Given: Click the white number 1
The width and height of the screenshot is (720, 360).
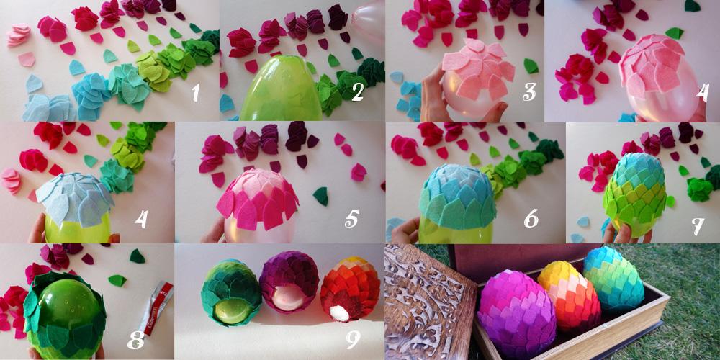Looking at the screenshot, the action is pos(196,91).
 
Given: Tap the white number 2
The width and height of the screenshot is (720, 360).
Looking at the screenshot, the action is pos(358,91).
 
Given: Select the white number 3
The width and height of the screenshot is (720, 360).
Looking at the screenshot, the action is pos(529,91).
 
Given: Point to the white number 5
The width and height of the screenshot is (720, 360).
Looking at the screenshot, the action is pos(351,218).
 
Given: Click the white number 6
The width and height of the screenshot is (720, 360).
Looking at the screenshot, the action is pos(531,218).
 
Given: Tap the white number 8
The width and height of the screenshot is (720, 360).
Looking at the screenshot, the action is pos(136,339).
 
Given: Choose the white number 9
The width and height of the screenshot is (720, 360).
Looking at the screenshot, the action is pos(353,339).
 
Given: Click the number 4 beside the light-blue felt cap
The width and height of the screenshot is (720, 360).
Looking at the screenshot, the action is pos(141,218).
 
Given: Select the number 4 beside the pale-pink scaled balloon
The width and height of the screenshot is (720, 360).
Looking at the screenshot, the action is pos(703,91).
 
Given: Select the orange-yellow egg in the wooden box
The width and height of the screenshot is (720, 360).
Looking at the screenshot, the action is pos(569,294).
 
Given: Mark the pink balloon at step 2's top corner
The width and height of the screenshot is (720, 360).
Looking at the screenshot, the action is pos(369,20).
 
